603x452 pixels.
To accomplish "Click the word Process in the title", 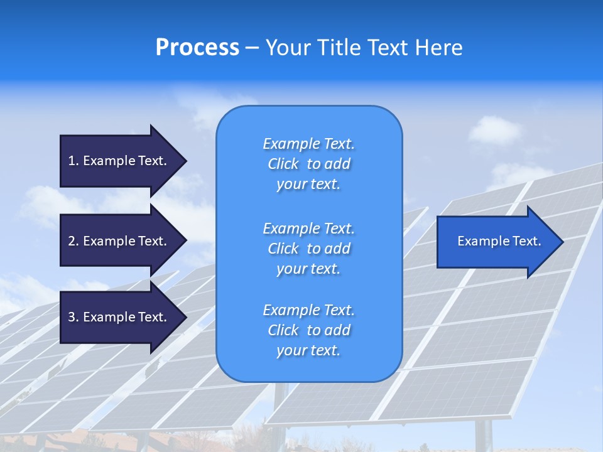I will tap(197, 48).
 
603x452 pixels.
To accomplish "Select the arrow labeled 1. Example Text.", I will tap(119, 161).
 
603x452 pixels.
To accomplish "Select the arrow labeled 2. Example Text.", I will tap(119, 241).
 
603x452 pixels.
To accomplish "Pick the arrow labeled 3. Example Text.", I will tap(119, 317).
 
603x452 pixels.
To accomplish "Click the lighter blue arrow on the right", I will tap(496, 242).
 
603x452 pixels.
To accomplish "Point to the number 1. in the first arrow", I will tap(73, 161).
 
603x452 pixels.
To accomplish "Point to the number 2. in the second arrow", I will tap(73, 241).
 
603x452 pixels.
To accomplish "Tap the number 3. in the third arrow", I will tap(73, 317).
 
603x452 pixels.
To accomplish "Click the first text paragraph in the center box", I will tap(308, 164).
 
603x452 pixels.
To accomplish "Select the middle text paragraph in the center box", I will tap(308, 249).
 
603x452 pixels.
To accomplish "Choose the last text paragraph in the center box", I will tap(308, 330).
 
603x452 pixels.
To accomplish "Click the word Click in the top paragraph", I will tap(283, 164).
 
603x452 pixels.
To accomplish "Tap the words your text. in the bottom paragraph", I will tap(308, 350).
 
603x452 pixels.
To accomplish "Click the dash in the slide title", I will tap(252, 48).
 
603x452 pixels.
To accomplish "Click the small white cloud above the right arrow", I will tap(495, 131).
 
